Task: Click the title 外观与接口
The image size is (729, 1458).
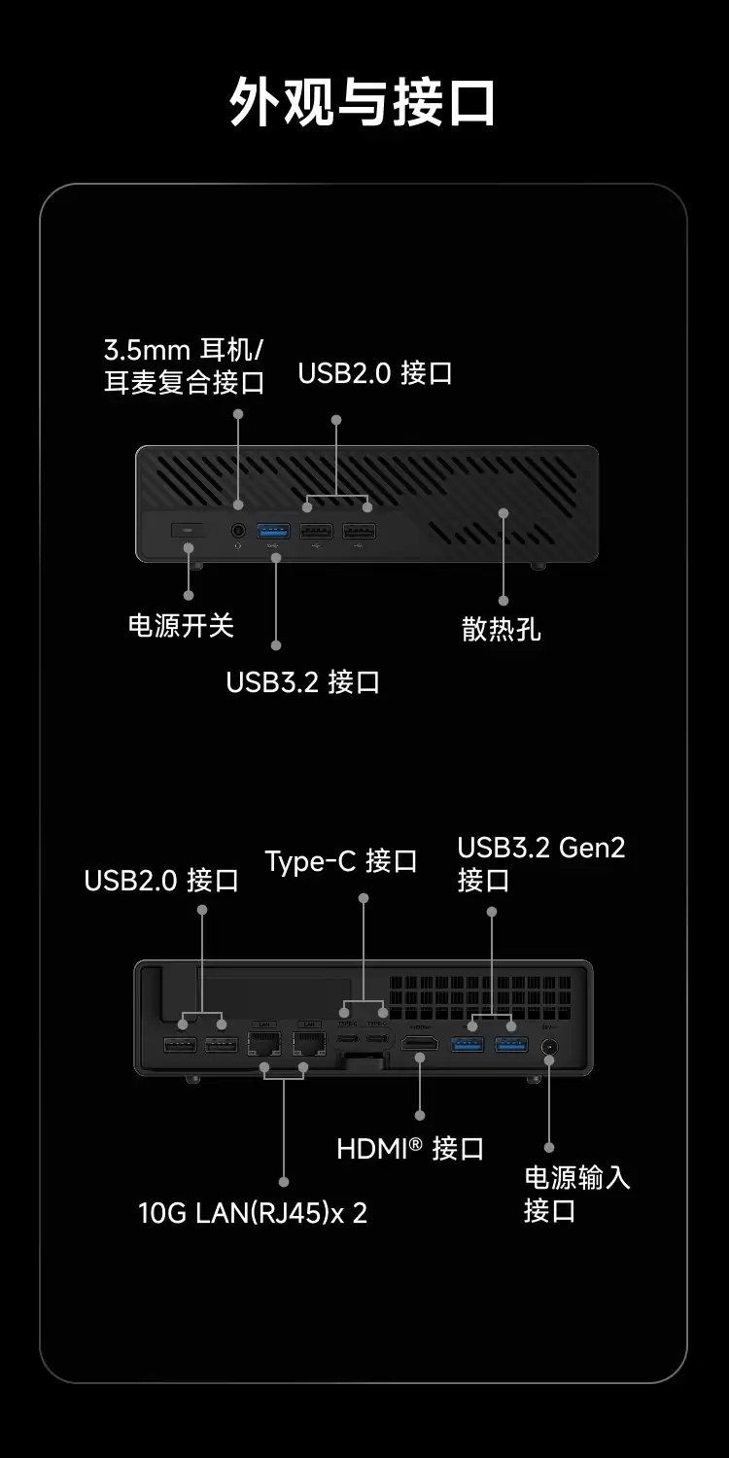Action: [364, 102]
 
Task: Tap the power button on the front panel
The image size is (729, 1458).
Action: [188, 530]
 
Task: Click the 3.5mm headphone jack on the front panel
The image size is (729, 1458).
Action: [239, 531]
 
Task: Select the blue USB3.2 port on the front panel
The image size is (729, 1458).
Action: [274, 531]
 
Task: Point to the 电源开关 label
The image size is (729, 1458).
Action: [182, 625]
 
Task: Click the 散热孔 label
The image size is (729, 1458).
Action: [501, 630]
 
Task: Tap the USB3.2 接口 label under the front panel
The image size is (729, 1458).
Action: [302, 681]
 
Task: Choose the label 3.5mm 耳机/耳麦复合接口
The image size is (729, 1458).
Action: [185, 365]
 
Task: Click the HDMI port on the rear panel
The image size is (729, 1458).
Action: [420, 1044]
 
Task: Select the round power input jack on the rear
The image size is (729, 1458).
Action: [548, 1047]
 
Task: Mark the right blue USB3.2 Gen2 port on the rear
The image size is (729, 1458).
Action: [511, 1044]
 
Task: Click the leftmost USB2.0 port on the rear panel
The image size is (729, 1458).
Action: [181, 1045]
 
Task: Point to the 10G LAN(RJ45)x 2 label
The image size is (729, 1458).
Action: [253, 1213]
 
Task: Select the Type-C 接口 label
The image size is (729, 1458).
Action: [341, 861]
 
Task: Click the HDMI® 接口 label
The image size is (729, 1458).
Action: [410, 1149]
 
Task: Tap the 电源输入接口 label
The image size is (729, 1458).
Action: [577, 1194]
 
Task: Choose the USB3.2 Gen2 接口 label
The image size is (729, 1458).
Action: [541, 863]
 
